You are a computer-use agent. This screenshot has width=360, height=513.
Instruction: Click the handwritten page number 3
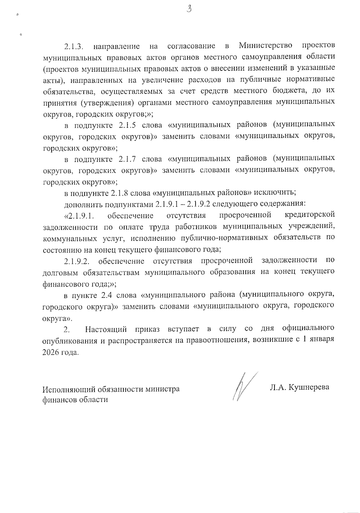coord(189,9)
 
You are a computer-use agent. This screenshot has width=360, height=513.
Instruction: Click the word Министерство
coord(266,46)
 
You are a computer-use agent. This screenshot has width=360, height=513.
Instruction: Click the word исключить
coord(277,192)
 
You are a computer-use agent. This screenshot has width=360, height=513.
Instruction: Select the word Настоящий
coord(106,329)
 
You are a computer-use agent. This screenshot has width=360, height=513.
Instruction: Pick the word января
coord(322,341)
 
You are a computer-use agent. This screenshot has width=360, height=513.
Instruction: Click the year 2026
coord(51,352)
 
